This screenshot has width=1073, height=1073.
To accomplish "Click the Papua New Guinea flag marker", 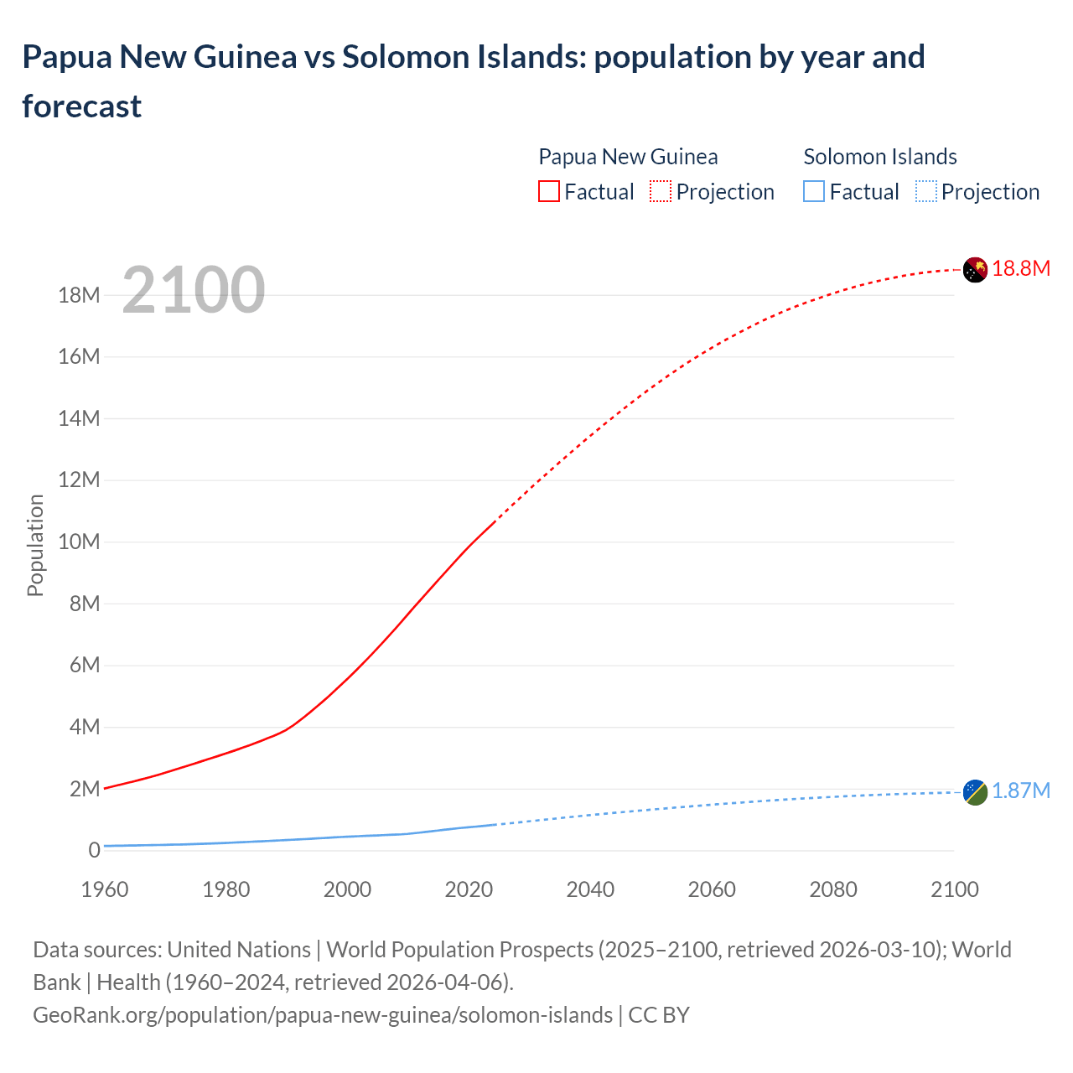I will [x=975, y=270].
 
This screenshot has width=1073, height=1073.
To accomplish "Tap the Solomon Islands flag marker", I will [x=975, y=792].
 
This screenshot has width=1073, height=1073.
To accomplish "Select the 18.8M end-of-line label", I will [x=1021, y=269].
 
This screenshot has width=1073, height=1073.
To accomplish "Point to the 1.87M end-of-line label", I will [x=1021, y=791].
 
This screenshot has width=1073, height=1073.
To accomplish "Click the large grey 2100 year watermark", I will [x=194, y=290].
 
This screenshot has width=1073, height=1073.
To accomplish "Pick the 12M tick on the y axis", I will [x=79, y=480].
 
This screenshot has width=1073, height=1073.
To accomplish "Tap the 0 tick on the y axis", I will [x=94, y=851].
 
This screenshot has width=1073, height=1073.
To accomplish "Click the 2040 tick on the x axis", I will [x=590, y=889].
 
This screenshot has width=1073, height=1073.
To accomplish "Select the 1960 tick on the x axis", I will [x=105, y=889].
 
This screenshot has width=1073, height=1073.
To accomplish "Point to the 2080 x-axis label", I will [x=833, y=889].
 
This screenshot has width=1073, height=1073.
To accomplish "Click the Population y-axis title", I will [x=35, y=545].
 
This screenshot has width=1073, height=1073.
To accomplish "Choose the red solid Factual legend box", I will [x=549, y=192].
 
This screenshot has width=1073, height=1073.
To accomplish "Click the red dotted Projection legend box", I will [x=661, y=192].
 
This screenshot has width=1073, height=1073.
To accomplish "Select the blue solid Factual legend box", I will [x=814, y=192].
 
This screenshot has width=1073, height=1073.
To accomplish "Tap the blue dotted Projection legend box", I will [x=926, y=192].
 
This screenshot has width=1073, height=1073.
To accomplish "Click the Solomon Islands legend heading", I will [x=880, y=157].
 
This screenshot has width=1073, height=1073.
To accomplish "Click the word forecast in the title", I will [x=82, y=106].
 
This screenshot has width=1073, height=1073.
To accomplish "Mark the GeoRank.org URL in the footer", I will [x=323, y=1015].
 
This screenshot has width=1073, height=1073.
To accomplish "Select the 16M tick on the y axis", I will [x=79, y=357].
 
